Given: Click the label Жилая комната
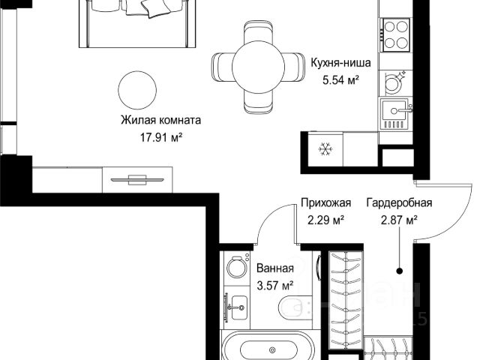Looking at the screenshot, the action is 160,120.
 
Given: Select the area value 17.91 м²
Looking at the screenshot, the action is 161,137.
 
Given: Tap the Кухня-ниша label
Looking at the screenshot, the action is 340,63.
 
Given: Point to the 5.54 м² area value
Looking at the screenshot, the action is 340,80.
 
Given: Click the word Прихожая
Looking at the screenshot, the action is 325,202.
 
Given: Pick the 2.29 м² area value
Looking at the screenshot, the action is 325,220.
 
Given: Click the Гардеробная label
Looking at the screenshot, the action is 399,202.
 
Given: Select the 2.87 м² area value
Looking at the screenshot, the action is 399,220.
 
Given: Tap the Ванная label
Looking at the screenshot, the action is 275,268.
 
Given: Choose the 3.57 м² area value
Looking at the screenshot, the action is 275,286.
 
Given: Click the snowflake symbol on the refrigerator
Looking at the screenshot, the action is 325,149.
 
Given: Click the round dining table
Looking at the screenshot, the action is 258,67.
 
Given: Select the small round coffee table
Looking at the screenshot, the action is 137,90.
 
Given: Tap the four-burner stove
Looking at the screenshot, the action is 395,35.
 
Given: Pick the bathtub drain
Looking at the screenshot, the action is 271,350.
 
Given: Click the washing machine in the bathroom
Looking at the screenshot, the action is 238,267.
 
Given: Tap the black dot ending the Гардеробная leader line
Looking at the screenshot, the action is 399,271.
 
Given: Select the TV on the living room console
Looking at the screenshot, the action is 137,180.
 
